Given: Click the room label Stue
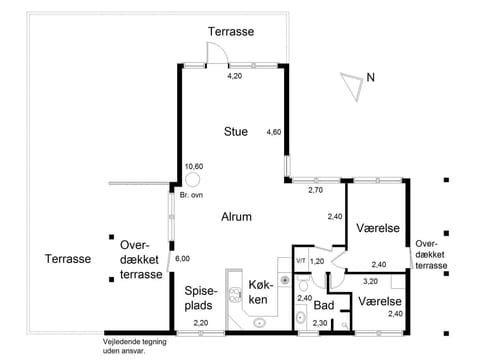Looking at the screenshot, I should (x=236, y=131).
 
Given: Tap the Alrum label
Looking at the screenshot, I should (x=236, y=216).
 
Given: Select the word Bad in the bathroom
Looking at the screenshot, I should (x=323, y=306).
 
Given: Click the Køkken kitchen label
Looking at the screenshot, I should (x=258, y=293).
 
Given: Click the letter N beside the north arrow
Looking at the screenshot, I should (x=370, y=77).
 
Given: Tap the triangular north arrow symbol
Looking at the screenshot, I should (x=350, y=85).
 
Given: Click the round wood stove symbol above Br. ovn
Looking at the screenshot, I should (x=191, y=181).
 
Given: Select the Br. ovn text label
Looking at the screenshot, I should (x=191, y=196).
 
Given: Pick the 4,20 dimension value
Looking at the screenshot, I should (x=235, y=76).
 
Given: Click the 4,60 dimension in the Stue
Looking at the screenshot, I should (x=273, y=132).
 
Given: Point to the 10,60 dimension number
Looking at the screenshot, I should (x=193, y=166).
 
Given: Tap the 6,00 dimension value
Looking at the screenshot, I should (x=182, y=259).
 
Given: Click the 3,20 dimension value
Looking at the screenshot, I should (x=369, y=282).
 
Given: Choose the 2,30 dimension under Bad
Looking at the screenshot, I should (x=320, y=323).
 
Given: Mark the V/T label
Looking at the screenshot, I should (x=300, y=261).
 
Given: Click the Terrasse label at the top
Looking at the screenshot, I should (x=231, y=32).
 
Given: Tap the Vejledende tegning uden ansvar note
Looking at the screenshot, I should (x=124, y=346).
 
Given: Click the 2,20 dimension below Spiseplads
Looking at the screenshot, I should (x=201, y=323).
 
